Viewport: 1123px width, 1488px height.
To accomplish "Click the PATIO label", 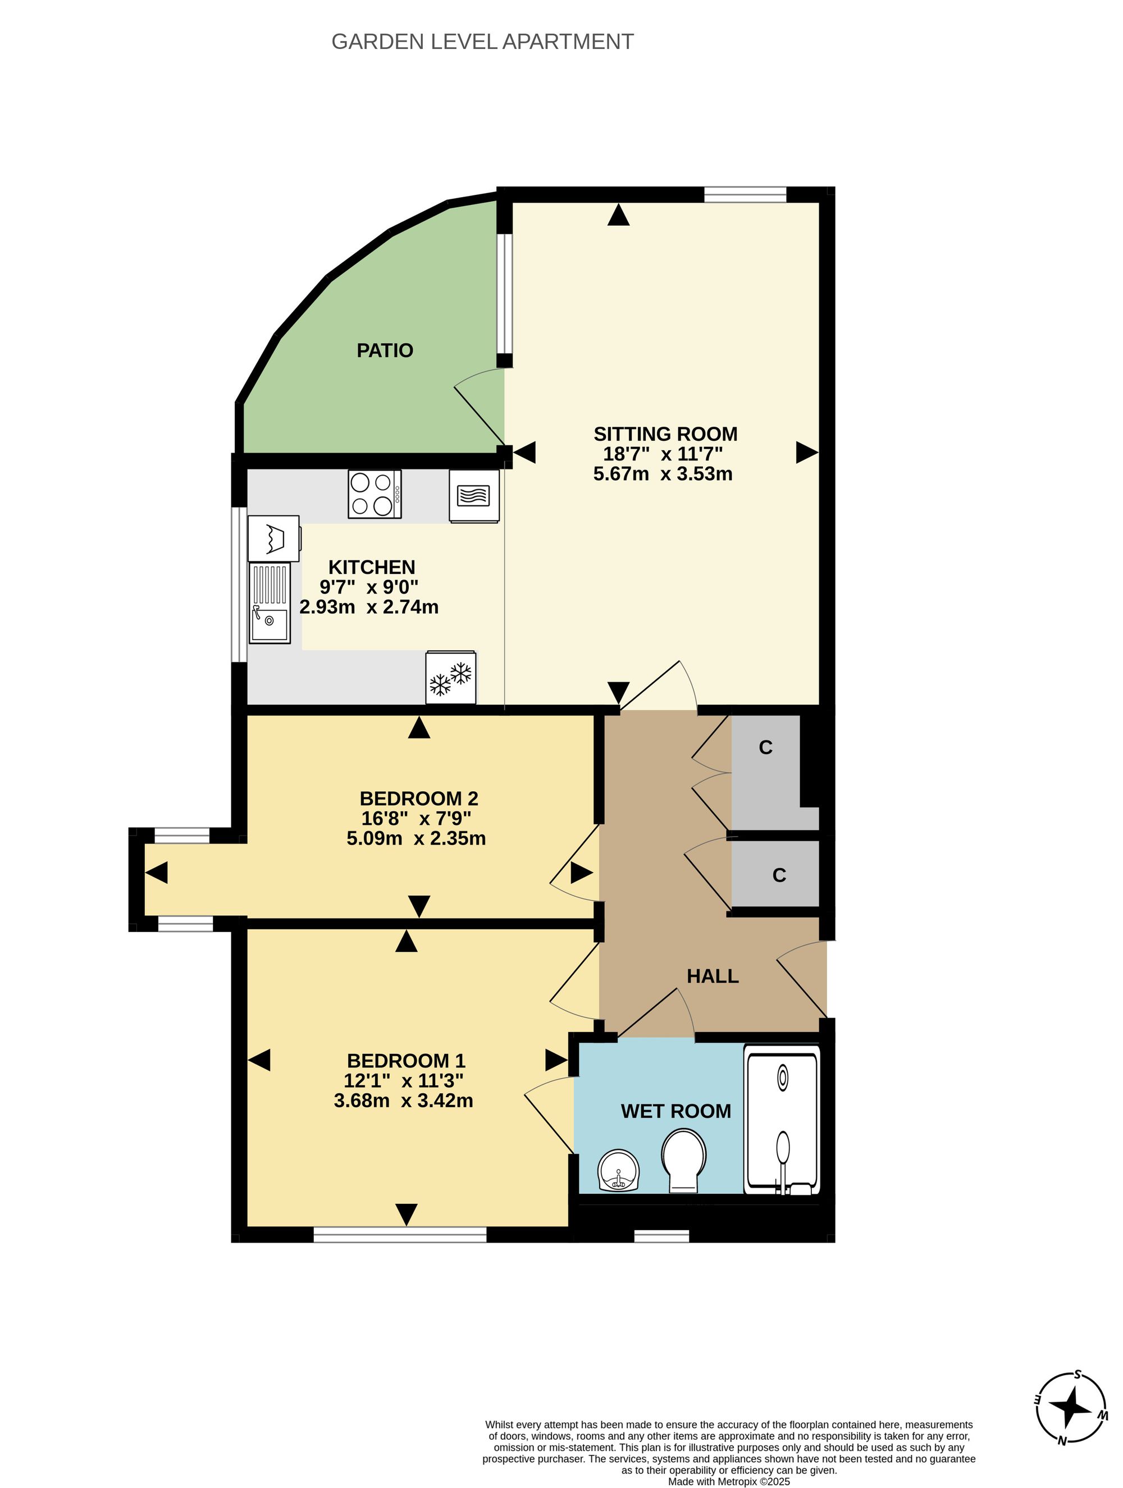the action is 384,350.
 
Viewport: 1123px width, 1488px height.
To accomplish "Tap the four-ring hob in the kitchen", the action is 375,494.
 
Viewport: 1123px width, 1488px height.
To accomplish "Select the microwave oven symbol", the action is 474,496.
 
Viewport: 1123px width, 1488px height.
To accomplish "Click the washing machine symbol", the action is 275,538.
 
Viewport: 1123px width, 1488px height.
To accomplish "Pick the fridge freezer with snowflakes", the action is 451,677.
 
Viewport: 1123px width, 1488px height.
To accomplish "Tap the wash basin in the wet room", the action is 618,1171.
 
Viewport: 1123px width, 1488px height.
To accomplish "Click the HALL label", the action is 713,976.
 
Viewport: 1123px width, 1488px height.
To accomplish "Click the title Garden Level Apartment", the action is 482,42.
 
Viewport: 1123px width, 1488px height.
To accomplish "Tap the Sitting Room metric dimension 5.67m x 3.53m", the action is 663,473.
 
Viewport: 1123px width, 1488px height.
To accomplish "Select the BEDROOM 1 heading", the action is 406,1061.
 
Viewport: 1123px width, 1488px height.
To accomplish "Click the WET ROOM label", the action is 675,1111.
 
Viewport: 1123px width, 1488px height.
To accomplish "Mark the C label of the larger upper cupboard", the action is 766,747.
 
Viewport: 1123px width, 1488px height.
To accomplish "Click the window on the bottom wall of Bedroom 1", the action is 400,1234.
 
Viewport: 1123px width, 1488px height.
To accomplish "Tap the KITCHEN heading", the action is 371,567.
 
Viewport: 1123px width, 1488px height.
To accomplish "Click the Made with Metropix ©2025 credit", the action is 729,1481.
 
